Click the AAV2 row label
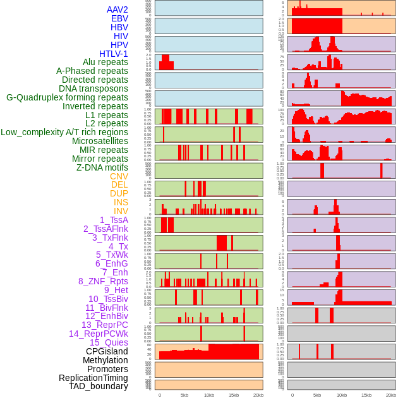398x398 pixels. click(117, 9)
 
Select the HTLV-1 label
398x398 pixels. click(113, 54)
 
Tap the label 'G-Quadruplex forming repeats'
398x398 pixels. click(67, 97)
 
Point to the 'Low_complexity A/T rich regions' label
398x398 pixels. click(64, 132)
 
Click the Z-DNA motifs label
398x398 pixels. click(102, 167)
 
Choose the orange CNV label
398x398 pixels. click(119, 176)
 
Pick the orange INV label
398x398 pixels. click(121, 211)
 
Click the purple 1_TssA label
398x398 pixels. click(114, 220)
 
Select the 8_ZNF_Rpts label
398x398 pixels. click(103, 281)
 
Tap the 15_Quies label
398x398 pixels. click(109, 342)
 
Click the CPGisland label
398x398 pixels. click(107, 351)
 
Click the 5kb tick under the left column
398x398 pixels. click(184, 395)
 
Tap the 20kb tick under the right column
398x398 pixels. click(390, 395)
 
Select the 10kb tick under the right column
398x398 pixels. click(342, 395)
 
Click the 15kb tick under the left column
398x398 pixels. click(233, 395)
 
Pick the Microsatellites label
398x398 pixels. click(100, 141)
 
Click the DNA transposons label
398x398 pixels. click(93, 88)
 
